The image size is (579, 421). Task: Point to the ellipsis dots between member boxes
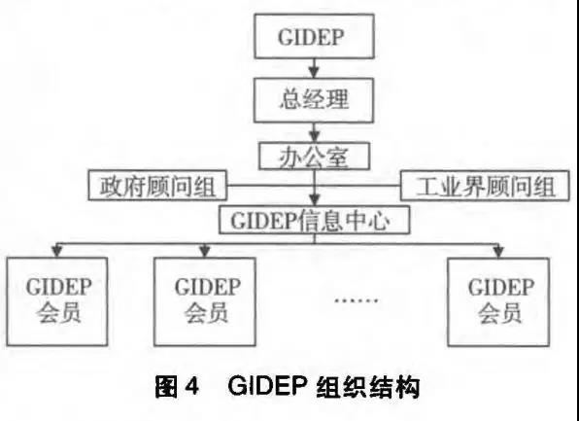pos(356,300)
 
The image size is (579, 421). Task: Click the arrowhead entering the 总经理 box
pos(314,73)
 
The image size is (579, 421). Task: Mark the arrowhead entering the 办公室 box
pos(314,137)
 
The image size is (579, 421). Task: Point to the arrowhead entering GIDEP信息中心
pos(314,200)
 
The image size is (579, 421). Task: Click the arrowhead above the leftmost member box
pos(56,252)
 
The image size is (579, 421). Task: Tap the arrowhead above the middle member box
pos(205,252)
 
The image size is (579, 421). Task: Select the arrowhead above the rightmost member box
pos(498,252)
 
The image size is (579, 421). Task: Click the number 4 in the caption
pos(191,387)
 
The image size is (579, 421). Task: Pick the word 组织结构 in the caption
pos(368,387)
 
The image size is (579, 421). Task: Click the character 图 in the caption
pos(166,387)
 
